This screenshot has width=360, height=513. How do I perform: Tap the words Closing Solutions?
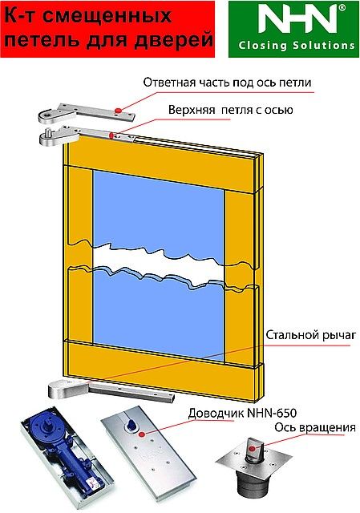coord(297,45)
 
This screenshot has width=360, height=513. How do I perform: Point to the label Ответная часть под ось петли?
coord(227,83)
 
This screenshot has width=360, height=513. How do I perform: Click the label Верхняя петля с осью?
coord(231,110)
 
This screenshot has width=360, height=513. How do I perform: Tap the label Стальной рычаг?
coord(310,335)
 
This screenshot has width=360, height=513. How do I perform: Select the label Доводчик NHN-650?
coord(242,413)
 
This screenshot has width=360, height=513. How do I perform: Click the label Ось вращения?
coord(315,427)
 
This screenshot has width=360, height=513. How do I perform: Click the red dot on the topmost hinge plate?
coord(118,111)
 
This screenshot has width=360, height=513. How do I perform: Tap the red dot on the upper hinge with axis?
coord(111,135)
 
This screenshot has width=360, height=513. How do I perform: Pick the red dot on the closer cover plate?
coord(141,434)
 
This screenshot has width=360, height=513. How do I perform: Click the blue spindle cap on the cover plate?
coord(131,424)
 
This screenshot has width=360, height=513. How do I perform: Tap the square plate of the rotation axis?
coord(254,459)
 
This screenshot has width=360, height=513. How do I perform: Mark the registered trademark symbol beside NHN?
coord(342,8)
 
